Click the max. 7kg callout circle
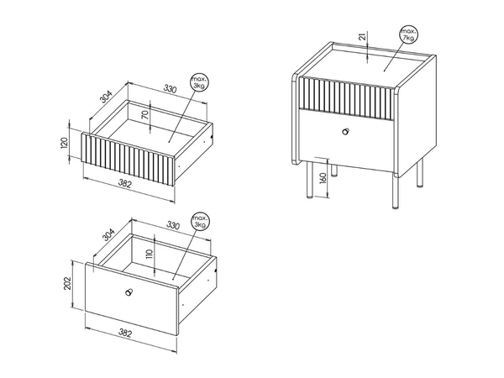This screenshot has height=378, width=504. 408,34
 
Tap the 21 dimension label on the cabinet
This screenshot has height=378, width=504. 363,37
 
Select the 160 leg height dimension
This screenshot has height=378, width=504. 323,179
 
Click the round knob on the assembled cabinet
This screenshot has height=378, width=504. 346,131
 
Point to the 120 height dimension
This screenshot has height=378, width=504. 64,143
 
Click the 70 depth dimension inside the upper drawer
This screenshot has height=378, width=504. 145,115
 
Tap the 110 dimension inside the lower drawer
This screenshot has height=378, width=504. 149,254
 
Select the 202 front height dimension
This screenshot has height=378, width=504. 67,283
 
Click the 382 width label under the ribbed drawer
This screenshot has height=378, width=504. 125,184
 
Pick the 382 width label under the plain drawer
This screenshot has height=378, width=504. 125,333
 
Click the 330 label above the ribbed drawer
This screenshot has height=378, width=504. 170,89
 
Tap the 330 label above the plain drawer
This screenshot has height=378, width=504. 173,225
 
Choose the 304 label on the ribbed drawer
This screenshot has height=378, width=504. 106,97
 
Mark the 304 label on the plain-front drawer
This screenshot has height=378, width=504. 108,234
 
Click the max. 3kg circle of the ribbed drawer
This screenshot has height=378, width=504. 199,82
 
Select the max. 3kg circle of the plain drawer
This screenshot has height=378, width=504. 200,221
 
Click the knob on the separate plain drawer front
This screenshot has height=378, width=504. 129,292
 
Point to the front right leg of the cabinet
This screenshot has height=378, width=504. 396,192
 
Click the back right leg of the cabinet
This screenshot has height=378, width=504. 420,173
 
